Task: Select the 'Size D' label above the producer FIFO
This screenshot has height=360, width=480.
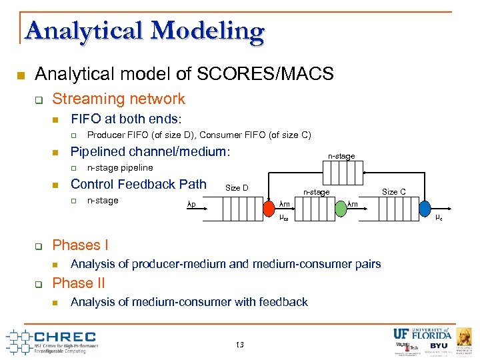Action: tap(237, 188)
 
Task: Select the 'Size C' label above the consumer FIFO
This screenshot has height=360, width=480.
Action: tap(393, 192)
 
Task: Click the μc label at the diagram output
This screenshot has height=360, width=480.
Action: tap(439, 218)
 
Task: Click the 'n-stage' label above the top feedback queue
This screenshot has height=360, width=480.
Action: tap(341, 156)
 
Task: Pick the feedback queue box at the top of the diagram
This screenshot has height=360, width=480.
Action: tap(341, 173)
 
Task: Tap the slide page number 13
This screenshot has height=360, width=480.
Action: tap(240, 345)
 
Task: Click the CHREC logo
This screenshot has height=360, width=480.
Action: tap(53, 341)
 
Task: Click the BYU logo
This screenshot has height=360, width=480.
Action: tap(438, 346)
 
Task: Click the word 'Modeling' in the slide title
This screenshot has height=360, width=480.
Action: tap(208, 31)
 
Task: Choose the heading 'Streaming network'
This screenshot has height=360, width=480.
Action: tap(119, 99)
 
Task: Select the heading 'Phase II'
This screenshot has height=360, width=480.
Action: tap(78, 283)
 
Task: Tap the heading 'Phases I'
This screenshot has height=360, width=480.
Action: tap(80, 245)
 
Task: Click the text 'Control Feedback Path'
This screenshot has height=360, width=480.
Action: tap(139, 184)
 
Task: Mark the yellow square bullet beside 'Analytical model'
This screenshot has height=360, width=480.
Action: tap(21, 75)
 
